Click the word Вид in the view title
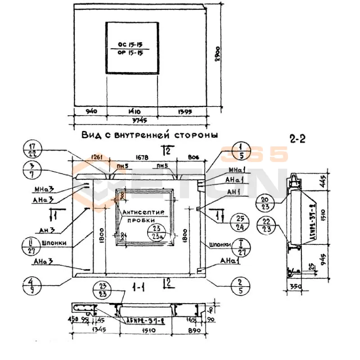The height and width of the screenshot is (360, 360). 90,135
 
